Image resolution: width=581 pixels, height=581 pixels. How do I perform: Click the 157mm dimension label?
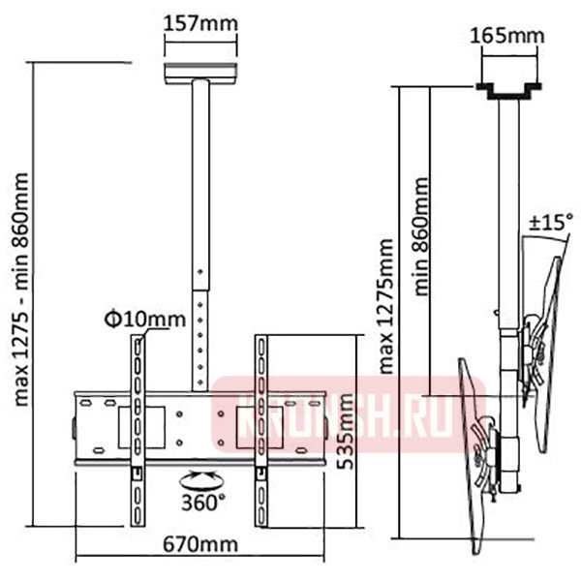click(x=200, y=23)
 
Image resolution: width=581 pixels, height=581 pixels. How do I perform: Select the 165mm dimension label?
click(x=507, y=36)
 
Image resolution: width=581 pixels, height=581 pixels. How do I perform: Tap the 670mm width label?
click(x=200, y=544)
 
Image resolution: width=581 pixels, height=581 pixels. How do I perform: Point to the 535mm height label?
click(x=346, y=432)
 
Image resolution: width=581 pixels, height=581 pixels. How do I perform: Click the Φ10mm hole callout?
click(x=145, y=320)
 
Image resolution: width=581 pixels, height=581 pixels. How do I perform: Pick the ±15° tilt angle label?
click(x=551, y=223)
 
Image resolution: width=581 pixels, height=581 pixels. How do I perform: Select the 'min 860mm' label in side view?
click(x=421, y=237)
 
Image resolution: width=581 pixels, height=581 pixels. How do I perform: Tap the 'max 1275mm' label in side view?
click(x=385, y=306)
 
